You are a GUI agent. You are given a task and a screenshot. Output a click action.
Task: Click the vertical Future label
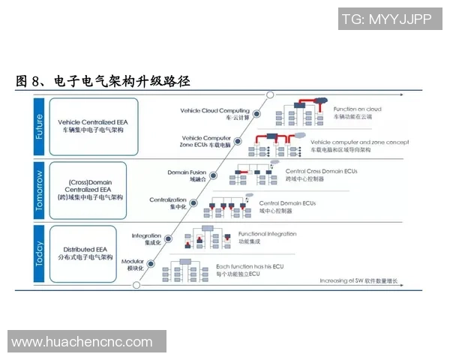[x=39, y=125]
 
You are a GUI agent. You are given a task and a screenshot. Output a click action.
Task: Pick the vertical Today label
[x=39, y=253]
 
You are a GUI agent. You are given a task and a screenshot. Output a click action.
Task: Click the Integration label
[x=147, y=239]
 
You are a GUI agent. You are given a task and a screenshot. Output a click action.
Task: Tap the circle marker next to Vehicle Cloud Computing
[x=256, y=113]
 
